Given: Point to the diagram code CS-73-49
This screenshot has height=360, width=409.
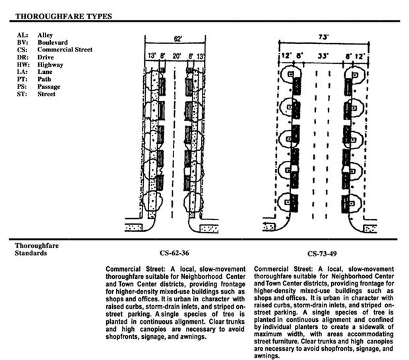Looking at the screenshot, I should (324, 254).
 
